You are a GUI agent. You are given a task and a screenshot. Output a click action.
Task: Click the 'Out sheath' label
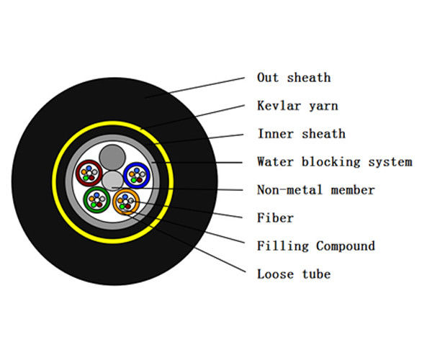click(293, 78)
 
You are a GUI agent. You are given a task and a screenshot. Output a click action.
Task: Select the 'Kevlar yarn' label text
click(297, 106)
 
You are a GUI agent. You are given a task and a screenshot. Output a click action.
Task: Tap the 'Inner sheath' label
click(301, 134)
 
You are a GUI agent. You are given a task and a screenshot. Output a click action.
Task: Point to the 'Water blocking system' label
click(334, 162)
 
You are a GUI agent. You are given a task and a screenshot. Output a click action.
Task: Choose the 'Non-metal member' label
click(315, 190)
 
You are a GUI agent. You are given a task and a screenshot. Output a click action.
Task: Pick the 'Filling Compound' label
click(315, 246)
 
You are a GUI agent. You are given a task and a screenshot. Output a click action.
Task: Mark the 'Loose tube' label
click(293, 274)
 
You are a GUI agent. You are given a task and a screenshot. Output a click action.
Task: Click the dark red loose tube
click(90, 173)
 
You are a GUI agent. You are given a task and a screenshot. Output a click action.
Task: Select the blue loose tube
click(135, 174)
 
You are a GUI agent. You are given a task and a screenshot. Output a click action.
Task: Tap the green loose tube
click(96, 198)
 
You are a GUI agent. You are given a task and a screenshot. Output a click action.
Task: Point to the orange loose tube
click(127, 201)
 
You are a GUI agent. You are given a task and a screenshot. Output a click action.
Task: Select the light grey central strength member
click(112, 180)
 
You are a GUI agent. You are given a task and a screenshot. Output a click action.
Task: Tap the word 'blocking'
click(322, 162)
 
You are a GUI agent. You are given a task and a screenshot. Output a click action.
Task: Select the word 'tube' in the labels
click(315, 274)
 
